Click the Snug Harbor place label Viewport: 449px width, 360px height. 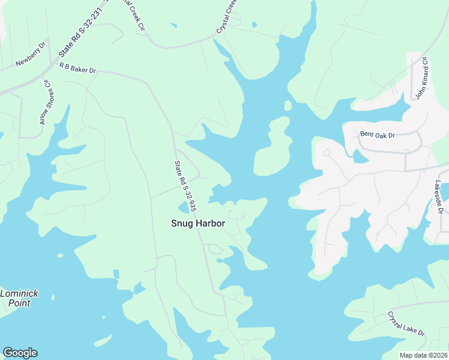click(x=198, y=223)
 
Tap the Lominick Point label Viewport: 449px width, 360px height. click(x=19, y=298)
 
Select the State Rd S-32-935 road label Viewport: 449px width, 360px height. click(x=185, y=186)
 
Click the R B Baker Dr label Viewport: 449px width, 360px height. click(x=77, y=69)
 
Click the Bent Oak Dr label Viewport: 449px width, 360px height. click(x=377, y=135)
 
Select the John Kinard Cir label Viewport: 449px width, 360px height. click(x=420, y=78)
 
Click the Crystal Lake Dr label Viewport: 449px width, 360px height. click(x=406, y=324)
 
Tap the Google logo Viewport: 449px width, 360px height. click(x=20, y=353)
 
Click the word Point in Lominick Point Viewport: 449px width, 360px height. click(x=19, y=303)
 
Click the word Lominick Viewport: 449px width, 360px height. click(x=19, y=293)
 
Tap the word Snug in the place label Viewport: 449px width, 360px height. click(x=182, y=223)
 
